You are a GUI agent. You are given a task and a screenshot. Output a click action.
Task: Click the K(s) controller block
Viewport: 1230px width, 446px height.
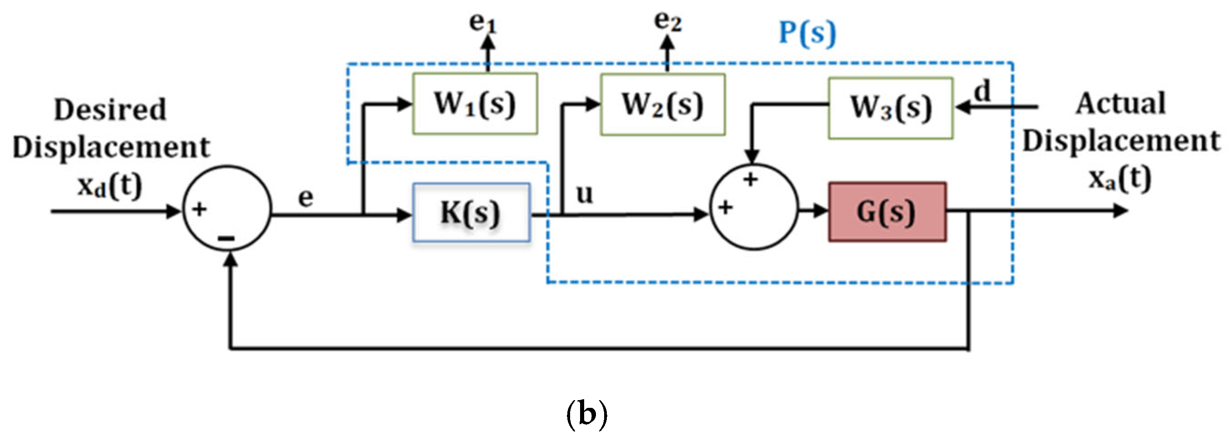click(471, 212)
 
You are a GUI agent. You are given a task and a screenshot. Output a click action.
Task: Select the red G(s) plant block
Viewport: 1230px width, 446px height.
click(887, 212)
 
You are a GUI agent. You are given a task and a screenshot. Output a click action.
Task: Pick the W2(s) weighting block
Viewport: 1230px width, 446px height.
click(662, 105)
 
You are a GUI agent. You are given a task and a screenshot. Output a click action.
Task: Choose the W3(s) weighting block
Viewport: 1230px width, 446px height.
click(890, 108)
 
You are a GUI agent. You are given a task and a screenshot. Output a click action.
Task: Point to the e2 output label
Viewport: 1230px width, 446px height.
click(668, 21)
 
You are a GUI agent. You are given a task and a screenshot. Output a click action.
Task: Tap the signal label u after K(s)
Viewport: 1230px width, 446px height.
click(585, 194)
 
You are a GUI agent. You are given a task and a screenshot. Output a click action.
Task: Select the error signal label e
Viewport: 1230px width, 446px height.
click(306, 198)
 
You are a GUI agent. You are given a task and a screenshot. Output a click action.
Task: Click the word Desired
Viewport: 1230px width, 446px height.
click(110, 110)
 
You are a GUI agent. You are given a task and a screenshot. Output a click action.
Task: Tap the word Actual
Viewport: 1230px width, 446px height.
click(1120, 104)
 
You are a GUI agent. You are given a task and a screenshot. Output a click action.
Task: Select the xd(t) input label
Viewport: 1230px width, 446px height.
click(110, 185)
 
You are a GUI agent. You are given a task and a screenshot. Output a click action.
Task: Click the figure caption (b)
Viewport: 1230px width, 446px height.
click(586, 414)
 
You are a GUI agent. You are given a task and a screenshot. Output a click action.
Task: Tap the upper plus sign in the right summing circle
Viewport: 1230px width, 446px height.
click(750, 180)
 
